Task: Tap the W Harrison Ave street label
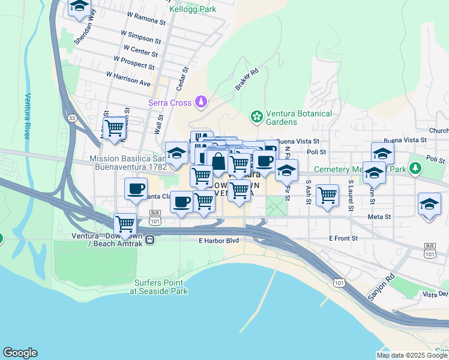pos(128,78)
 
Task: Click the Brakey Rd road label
pos(246,79)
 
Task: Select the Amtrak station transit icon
pos(149,239)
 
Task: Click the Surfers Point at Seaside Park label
pos(159,287)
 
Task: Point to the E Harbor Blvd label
pos(219,241)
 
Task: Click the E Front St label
pos(343,238)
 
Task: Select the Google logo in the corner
pos(20,353)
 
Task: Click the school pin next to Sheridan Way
pos(79,8)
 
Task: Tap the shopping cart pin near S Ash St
pos(327,195)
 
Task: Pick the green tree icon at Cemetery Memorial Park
pos(415,166)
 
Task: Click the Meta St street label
pos(379,217)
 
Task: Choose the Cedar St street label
pos(179,79)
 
